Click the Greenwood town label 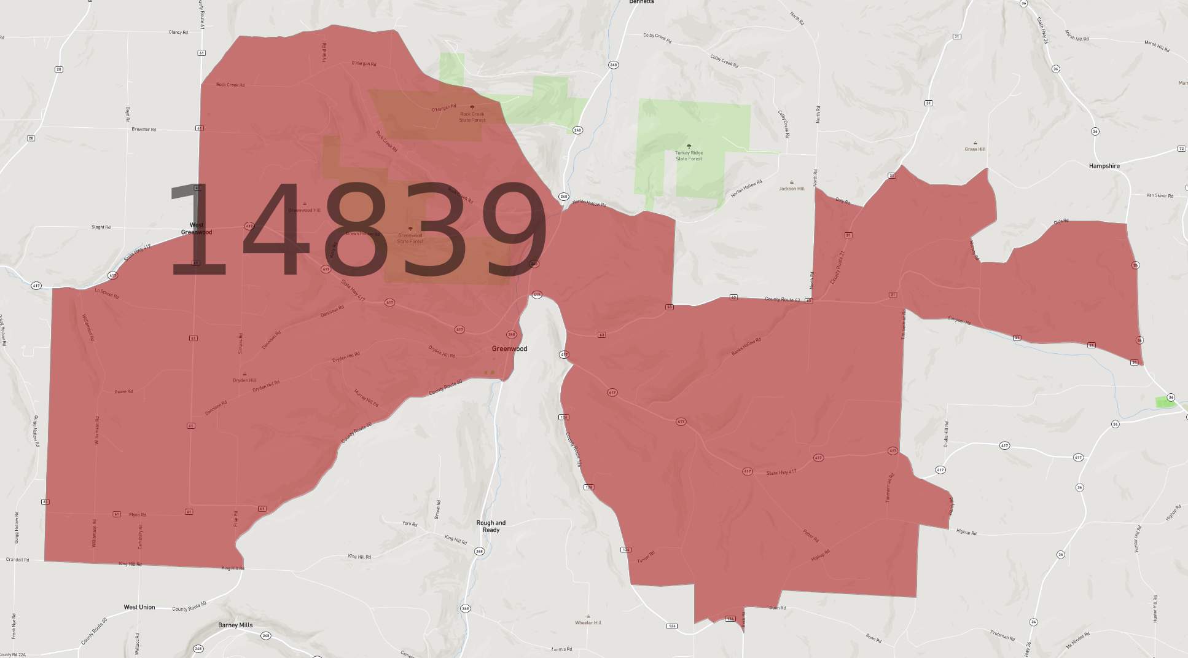[509, 348]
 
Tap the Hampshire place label [1104, 166]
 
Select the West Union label [139, 607]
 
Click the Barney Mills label [235, 625]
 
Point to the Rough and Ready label [491, 527]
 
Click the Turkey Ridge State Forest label [689, 155]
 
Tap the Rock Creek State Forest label [472, 117]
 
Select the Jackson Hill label [791, 189]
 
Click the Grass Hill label [975, 149]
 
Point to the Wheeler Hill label [588, 622]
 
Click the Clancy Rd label [178, 33]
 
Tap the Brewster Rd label [144, 130]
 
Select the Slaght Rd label [101, 227]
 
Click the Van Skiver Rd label [1160, 196]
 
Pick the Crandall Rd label [17, 560]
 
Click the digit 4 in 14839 [275, 230]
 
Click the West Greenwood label [197, 229]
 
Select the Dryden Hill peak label [244, 380]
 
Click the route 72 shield [1181, 149]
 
